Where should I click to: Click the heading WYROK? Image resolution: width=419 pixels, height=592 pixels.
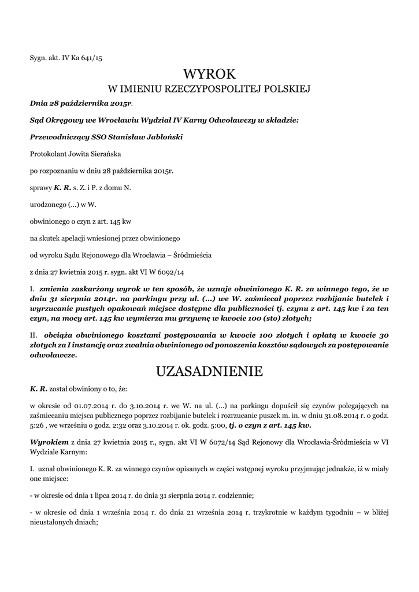[x=209, y=73]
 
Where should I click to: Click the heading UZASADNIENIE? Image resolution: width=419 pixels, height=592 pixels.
[x=209, y=371]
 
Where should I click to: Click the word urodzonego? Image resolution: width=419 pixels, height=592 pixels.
[x=49, y=204]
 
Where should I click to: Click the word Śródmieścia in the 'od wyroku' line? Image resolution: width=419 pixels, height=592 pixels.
[x=191, y=254]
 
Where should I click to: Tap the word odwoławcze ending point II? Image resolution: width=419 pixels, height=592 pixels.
[x=53, y=356]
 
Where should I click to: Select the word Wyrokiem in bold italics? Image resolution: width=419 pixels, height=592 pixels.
[x=49, y=442]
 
